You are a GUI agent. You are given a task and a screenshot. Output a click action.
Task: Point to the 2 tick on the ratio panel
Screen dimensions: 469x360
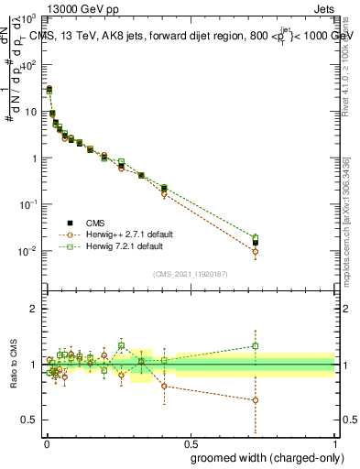pos(35,309)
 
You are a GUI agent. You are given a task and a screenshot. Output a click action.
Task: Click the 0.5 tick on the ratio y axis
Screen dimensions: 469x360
pos(30,420)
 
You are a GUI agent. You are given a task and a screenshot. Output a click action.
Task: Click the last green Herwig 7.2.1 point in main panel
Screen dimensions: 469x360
pos(256,237)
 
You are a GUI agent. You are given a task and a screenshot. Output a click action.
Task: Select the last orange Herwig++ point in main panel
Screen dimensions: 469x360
pos(256,251)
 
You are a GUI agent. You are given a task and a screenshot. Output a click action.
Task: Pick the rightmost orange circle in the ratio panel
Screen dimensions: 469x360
pos(256,400)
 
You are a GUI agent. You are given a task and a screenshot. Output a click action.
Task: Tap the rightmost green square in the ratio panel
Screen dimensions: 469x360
pos(256,345)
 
